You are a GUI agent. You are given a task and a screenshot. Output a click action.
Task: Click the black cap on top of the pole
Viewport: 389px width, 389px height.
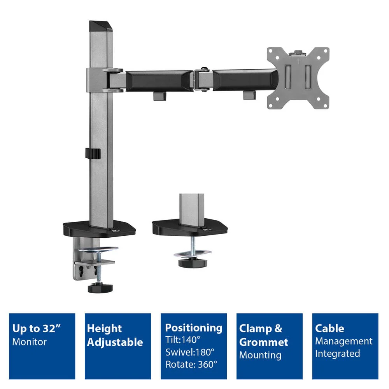[x=100, y=26]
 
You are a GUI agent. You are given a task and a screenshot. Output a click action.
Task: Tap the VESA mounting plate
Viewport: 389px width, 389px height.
[x=298, y=78]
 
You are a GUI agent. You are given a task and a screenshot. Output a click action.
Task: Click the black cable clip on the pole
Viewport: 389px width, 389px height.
[x=93, y=153]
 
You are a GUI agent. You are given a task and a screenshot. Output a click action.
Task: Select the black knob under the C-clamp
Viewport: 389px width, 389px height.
[x=100, y=288]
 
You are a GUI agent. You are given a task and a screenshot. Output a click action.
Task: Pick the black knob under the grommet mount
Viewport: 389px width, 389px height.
[x=193, y=263]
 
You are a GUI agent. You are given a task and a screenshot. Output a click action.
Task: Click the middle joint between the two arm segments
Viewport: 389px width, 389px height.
[x=203, y=79]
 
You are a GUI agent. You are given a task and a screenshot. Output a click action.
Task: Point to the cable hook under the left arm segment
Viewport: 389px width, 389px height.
[x=159, y=96]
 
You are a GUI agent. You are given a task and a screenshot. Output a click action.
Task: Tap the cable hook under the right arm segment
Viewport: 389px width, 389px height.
[x=249, y=95]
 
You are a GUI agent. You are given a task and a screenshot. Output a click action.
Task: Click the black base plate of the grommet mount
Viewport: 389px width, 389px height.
[x=190, y=227]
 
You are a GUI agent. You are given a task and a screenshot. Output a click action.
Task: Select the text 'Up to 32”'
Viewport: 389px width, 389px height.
[x=37, y=328]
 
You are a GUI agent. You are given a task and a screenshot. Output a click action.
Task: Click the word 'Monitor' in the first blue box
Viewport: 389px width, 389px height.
[x=29, y=342]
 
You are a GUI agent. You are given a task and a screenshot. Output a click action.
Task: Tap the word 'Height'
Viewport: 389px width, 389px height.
[x=104, y=329]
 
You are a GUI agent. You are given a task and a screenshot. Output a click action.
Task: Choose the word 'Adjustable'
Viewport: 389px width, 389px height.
[x=115, y=342]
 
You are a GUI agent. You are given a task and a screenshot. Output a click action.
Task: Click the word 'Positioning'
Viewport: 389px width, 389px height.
[x=193, y=328]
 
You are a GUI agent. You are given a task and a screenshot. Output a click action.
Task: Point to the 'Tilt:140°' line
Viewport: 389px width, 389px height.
[x=183, y=340]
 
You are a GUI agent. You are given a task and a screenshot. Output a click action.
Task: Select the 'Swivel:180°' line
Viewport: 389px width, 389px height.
[x=190, y=352]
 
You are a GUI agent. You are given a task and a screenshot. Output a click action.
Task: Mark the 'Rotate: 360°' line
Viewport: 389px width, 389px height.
[x=191, y=364]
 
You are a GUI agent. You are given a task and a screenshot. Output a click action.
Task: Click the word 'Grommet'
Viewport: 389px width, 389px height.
[x=263, y=342]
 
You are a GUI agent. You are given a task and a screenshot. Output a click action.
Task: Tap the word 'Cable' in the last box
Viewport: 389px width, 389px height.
[x=329, y=328]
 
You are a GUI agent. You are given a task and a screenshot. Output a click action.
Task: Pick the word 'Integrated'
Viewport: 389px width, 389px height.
[x=337, y=354]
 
